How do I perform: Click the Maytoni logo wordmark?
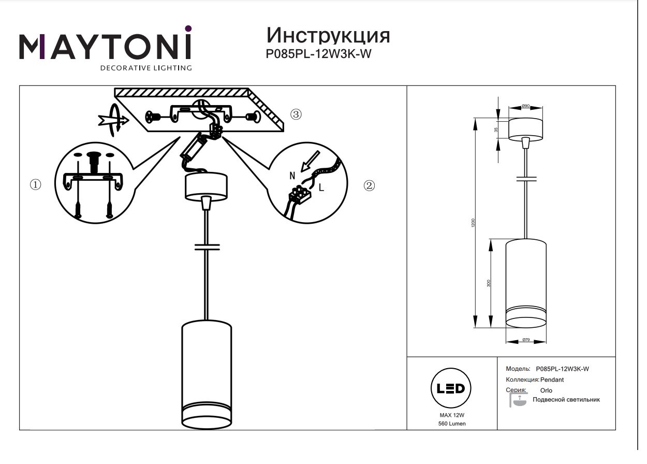tap(106, 47)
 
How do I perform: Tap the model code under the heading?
tap(319, 53)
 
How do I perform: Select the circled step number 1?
tap(36, 184)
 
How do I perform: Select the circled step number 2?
tap(369, 185)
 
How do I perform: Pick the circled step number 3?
tap(296, 114)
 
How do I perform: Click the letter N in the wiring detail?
tap(292, 177)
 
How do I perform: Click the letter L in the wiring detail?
tap(321, 188)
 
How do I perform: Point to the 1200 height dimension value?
tap(474, 223)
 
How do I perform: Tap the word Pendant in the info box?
tap(552, 380)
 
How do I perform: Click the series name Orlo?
tap(546, 390)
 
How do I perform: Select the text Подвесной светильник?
tap(566, 400)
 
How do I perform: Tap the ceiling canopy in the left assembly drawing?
tap(206, 186)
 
